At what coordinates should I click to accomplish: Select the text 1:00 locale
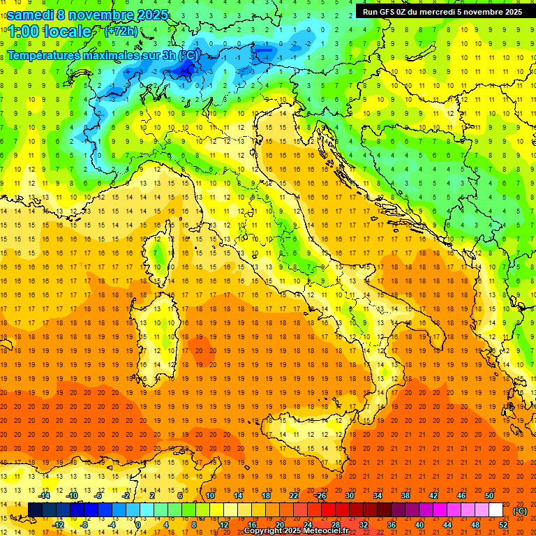pyautogui.click(x=50, y=31)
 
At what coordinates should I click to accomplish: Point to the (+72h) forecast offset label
pyautogui.click(x=121, y=31)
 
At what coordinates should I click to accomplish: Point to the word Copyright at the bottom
pyautogui.click(x=265, y=530)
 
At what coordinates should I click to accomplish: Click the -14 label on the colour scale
pyautogui.click(x=44, y=496)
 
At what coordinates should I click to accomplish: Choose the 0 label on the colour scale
pyautogui.click(x=138, y=525)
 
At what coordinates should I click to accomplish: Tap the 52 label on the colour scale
pyautogui.click(x=503, y=525)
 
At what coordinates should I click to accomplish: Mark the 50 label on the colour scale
pyautogui.click(x=489, y=496)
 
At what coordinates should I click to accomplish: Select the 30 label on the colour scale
pyautogui.click(x=349, y=496)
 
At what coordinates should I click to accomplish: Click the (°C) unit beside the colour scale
pyautogui.click(x=520, y=511)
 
